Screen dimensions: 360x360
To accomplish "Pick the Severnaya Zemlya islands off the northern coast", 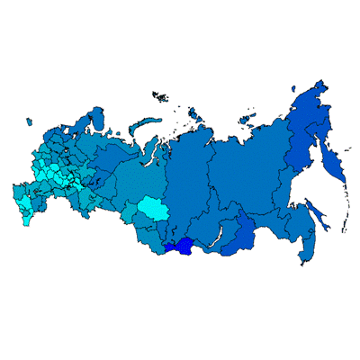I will tap(195, 114).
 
